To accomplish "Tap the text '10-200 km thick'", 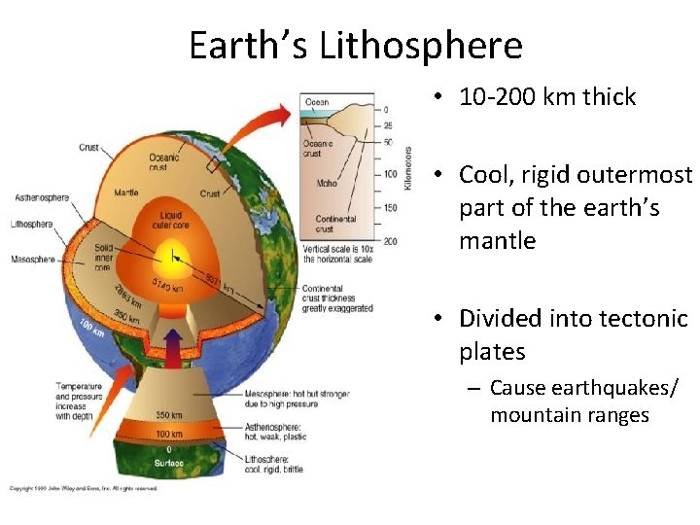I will point(547,97).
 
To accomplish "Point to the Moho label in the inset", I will point(327,183).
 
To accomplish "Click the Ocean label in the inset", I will point(317,102).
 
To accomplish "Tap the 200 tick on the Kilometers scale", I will point(389,240).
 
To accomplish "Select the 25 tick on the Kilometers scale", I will point(388,126).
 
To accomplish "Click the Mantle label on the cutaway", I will point(127,192).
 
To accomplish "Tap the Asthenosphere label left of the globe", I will point(42,198).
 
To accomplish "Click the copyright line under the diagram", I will point(83,488).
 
